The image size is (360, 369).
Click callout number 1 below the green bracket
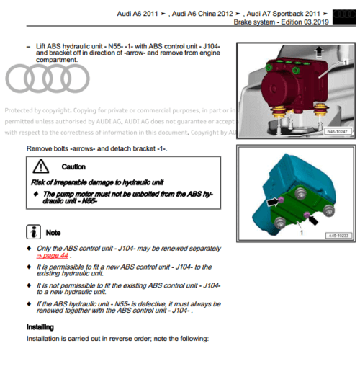click(x=301, y=233)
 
